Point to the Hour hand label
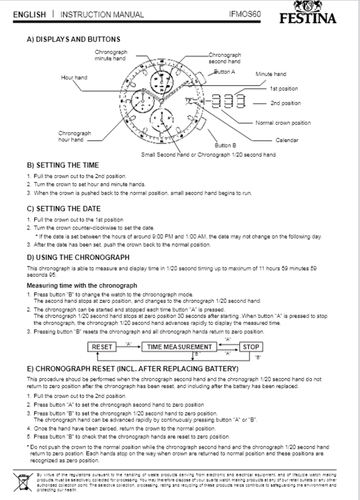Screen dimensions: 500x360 [74, 78]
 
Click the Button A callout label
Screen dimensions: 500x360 [225, 71]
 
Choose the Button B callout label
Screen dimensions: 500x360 [226, 145]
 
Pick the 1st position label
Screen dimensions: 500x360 [284, 89]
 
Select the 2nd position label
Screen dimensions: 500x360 [285, 103]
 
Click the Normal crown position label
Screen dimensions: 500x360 [283, 123]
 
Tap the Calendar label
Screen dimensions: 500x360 [287, 140]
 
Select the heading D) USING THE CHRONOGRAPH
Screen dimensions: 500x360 [78, 257]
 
